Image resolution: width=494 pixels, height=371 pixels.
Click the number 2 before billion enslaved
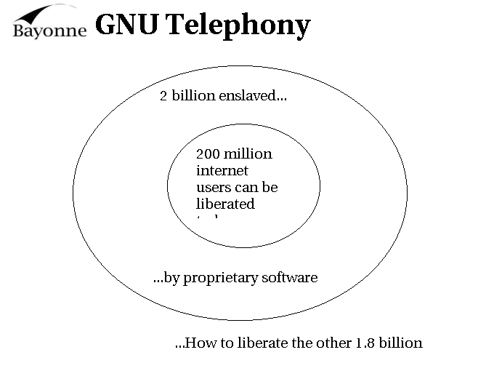(163, 96)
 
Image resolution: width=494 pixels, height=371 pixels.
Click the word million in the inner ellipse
(248, 153)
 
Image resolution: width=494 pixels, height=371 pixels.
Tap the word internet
(222, 170)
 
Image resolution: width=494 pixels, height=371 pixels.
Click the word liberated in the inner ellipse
(225, 204)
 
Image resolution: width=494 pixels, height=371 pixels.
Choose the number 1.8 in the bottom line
(367, 343)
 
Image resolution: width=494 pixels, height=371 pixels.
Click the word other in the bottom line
(331, 343)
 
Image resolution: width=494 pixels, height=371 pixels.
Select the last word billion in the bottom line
(402, 343)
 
